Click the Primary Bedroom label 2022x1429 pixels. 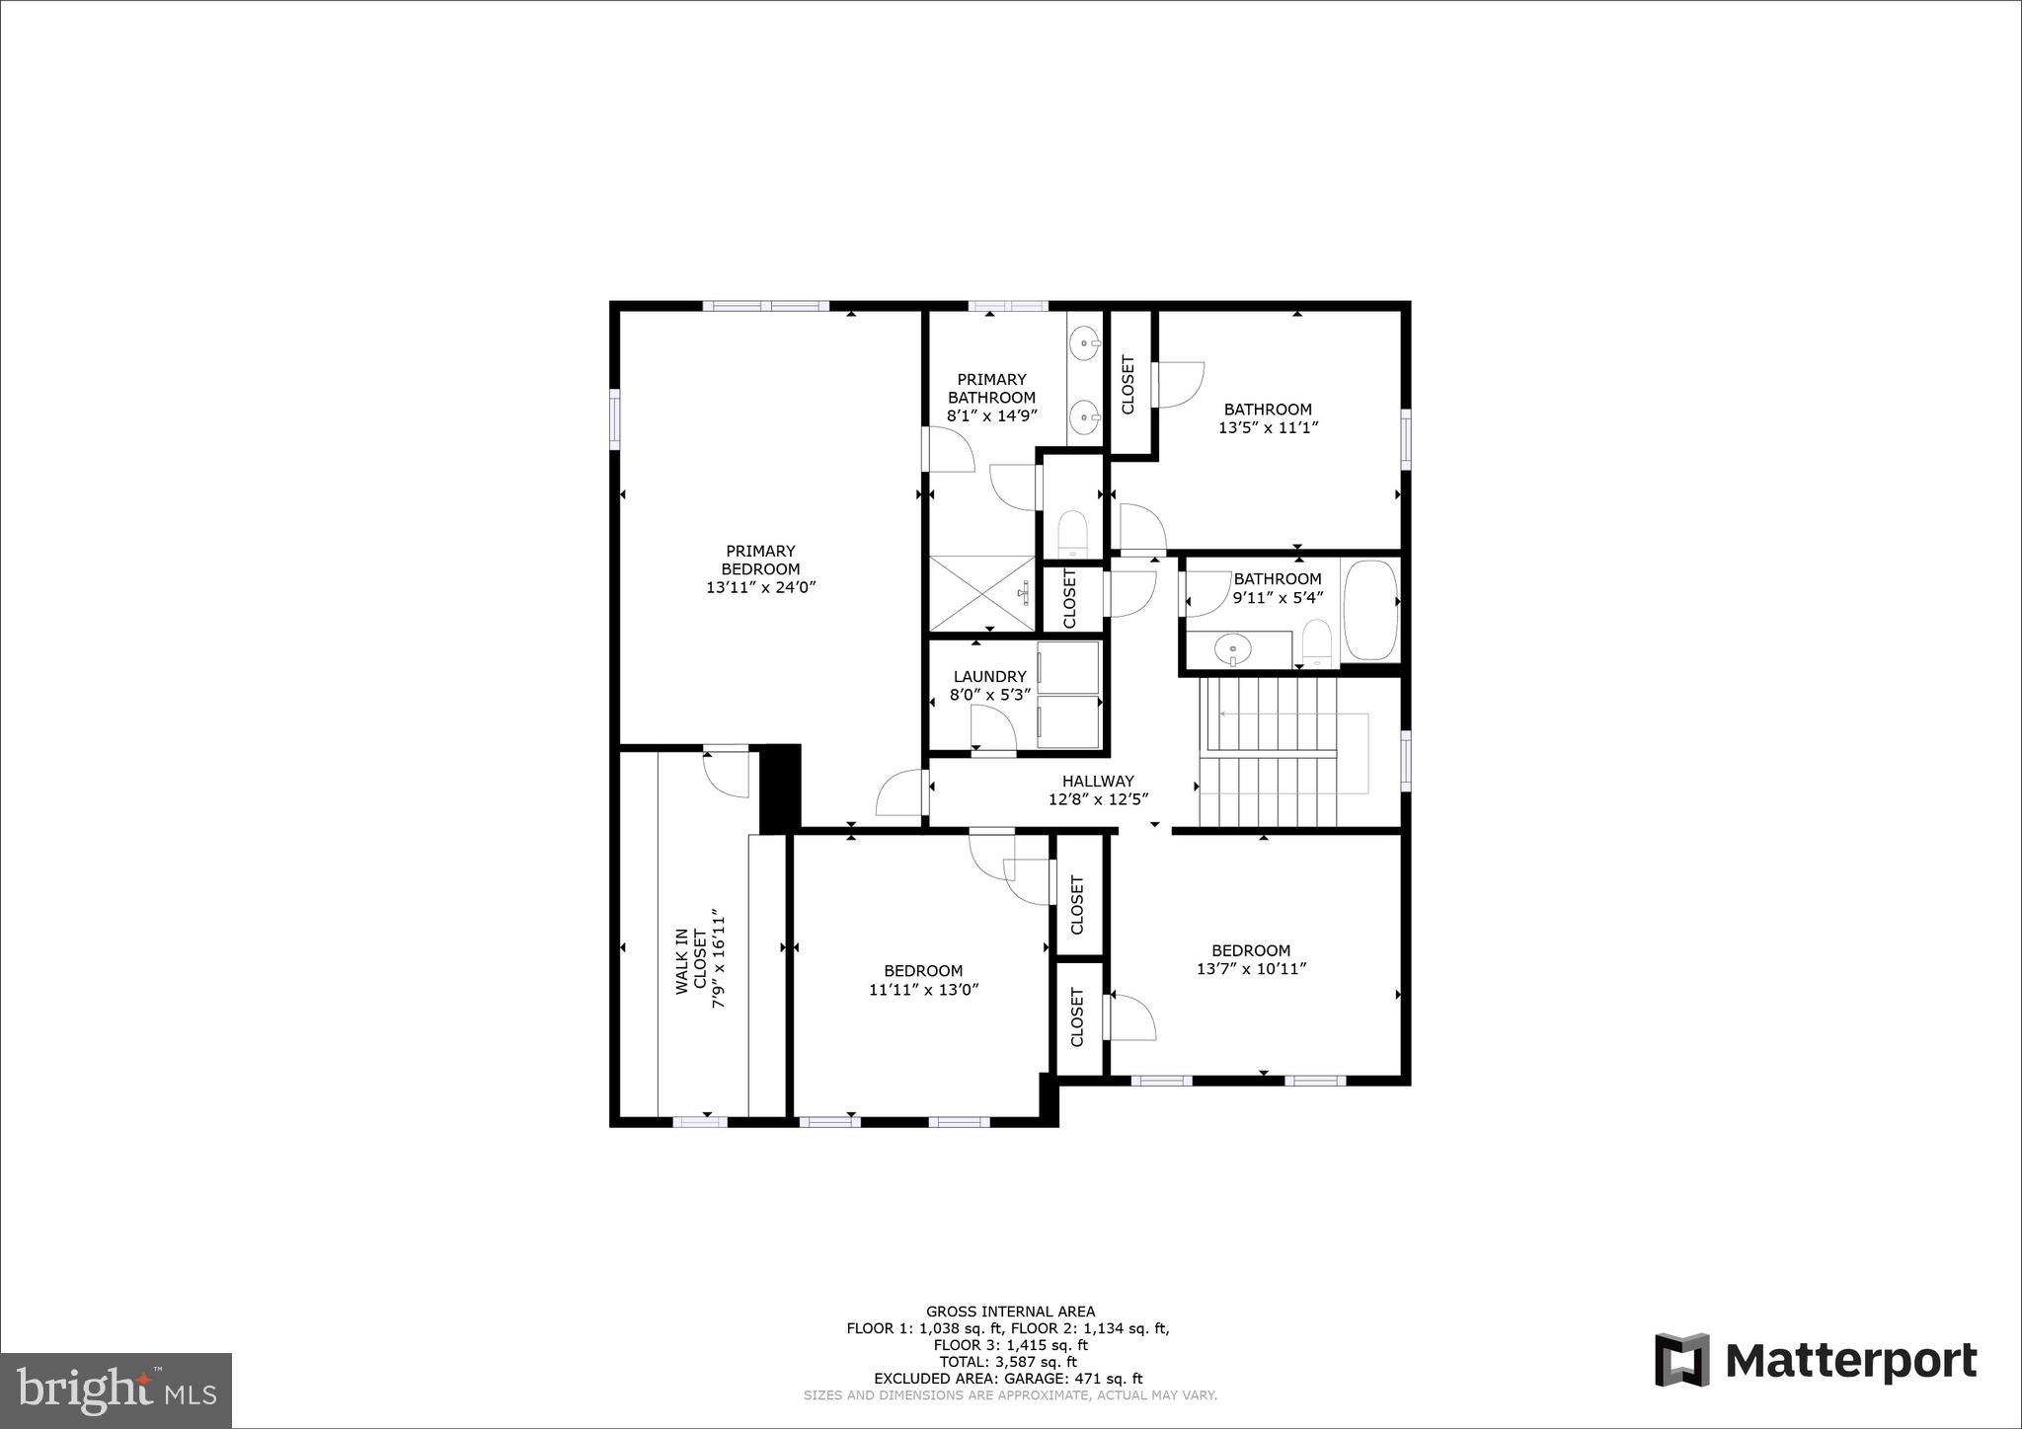760,561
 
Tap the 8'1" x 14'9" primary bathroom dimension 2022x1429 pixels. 991,415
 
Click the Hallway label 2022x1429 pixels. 1098,781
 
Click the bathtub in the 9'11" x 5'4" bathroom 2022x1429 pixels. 1370,610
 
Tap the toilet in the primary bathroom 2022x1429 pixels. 1071,534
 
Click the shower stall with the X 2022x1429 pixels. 981,592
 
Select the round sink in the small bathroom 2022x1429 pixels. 1232,649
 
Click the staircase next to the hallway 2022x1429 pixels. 1268,751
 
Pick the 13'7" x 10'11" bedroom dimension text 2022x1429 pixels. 1251,969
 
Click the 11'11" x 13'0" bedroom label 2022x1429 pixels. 923,971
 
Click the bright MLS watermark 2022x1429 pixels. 116,1391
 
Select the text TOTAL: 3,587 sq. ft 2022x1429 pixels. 1010,1361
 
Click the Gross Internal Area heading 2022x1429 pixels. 1010,1312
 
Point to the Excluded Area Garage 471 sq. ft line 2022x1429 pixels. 1008,1378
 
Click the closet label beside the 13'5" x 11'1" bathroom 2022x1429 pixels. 1128,384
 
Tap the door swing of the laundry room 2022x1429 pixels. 993,730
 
